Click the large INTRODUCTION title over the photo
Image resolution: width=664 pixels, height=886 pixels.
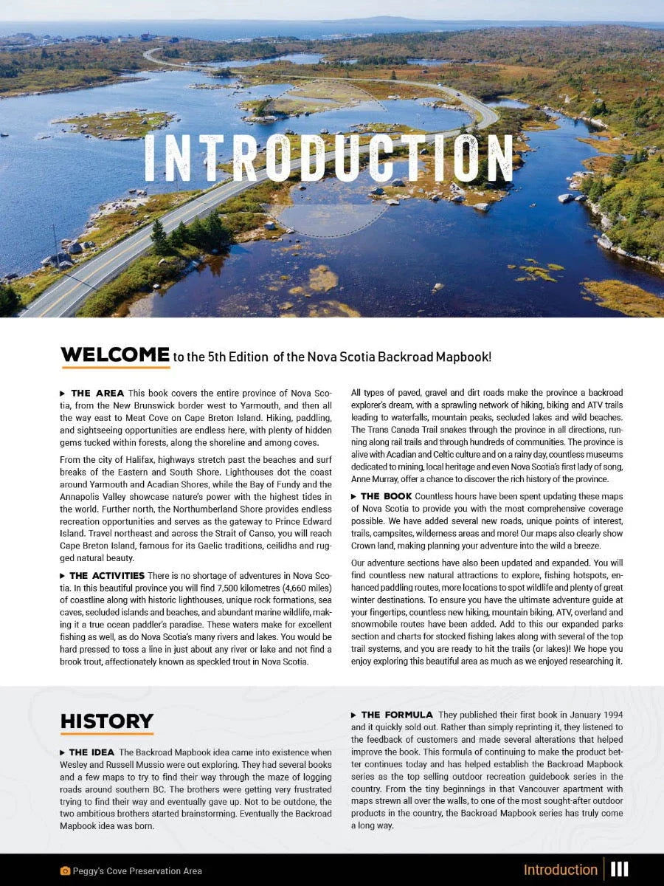(x=328, y=158)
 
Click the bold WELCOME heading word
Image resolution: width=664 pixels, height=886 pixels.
(x=114, y=355)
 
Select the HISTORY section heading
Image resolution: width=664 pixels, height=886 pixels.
(x=106, y=721)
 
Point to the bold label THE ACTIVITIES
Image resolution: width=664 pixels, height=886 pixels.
(x=107, y=575)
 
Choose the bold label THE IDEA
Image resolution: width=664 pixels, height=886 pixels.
(x=92, y=752)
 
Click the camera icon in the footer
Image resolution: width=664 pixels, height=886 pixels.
(x=65, y=871)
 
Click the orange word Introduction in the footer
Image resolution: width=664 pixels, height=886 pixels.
(x=560, y=870)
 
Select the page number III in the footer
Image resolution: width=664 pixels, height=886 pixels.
(x=619, y=870)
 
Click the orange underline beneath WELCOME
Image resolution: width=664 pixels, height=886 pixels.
(x=114, y=367)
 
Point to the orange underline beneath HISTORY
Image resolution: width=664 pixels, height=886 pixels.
(x=106, y=733)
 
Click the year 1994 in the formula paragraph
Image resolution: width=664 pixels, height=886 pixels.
(x=612, y=715)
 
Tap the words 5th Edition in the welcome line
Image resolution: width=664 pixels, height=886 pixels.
(x=221, y=357)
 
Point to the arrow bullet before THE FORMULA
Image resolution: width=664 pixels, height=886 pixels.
(x=354, y=715)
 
